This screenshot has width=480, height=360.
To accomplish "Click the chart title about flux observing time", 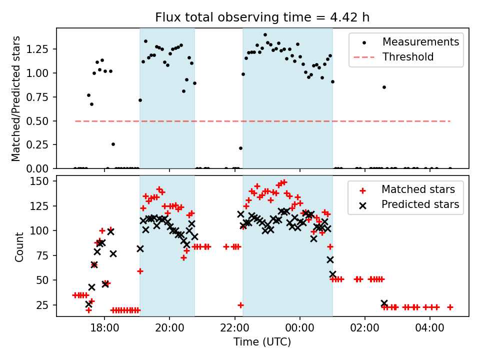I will (262, 17).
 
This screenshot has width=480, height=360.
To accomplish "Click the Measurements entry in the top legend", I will (420, 42).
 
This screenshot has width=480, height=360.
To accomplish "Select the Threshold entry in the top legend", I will (408, 57).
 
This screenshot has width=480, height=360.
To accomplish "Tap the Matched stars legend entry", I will (418, 189).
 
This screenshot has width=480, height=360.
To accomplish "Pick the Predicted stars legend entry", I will (420, 204).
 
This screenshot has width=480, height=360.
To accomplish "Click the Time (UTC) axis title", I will (262, 342).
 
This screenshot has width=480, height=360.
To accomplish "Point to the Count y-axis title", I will (19, 246).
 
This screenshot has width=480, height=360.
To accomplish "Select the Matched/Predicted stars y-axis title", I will (16, 98).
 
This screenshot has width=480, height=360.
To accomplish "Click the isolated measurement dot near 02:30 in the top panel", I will (384, 87).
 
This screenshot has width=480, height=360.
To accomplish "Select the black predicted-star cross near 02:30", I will (384, 303).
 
